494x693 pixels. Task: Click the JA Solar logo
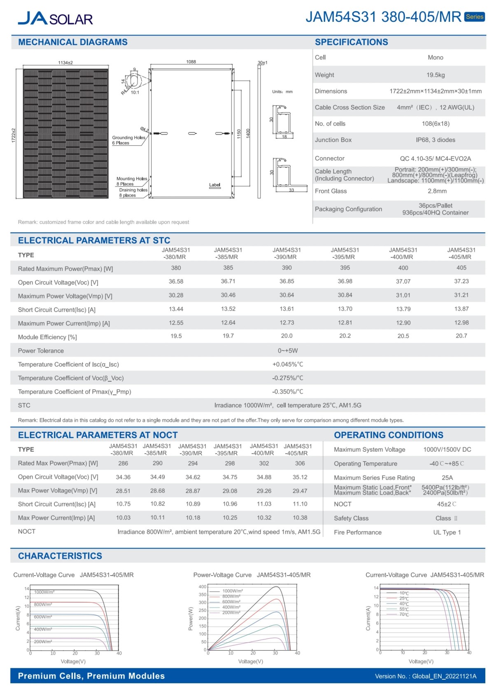pos(55,19)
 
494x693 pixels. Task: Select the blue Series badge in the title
pos(474,17)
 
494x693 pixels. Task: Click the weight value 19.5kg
pos(436,75)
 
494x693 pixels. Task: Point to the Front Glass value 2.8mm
pos(437,191)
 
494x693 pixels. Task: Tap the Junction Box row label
pos(333,140)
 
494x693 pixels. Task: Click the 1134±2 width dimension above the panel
pos(65,63)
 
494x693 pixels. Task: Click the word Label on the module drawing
pos(214,185)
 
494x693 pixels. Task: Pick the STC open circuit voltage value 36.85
pos(287,281)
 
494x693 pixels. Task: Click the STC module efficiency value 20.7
pos(461,336)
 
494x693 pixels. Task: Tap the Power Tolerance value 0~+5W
pos(287,351)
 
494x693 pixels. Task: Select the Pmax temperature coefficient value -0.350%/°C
pos(287,392)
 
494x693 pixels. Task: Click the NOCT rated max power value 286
pos(123,463)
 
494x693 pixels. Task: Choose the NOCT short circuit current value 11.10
pos(300,504)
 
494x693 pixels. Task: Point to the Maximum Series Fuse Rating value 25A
pos(447,478)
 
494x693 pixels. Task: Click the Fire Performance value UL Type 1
pos(447,532)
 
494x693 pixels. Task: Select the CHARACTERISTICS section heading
pos(60,556)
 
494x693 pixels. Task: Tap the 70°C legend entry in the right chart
pos(404,615)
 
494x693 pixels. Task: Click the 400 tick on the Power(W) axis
pos(203,587)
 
